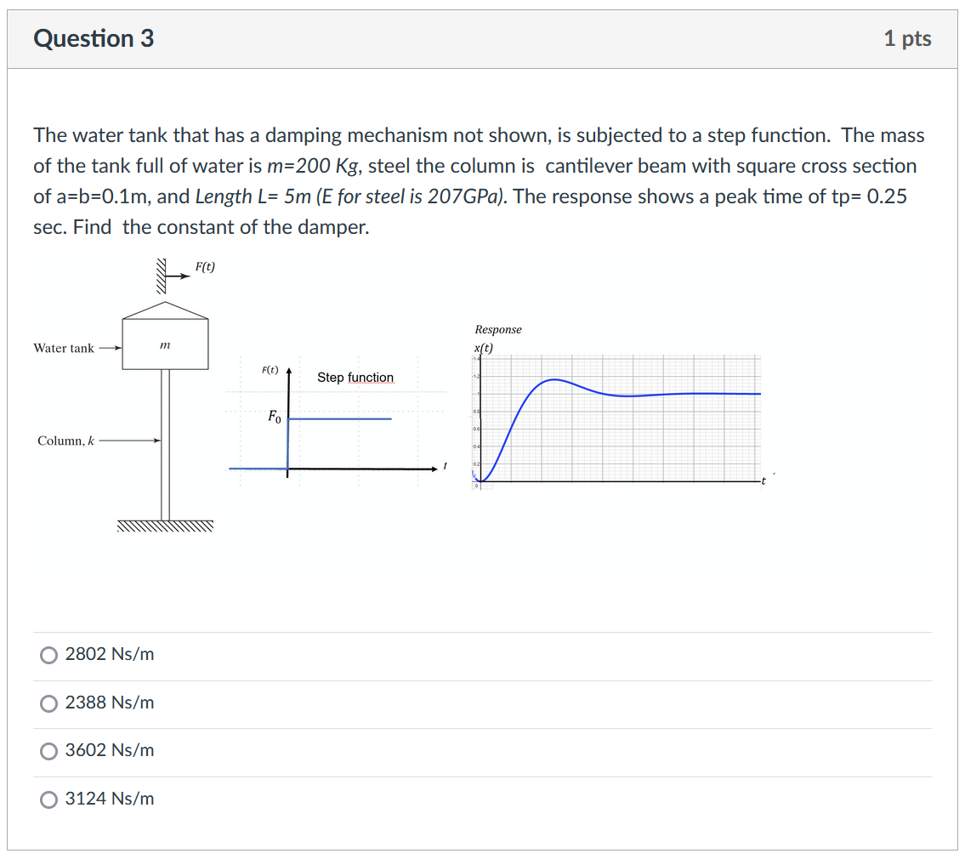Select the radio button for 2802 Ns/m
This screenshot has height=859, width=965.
point(49,655)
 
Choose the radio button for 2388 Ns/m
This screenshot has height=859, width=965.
point(49,703)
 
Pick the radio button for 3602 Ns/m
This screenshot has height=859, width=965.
point(49,751)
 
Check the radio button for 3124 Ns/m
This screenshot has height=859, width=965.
point(49,799)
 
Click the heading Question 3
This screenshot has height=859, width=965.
point(94,38)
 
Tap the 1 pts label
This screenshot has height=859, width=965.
point(907,38)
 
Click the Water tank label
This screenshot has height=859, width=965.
point(64,348)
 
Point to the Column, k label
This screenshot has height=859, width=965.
point(66,441)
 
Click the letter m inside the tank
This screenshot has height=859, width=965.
point(165,344)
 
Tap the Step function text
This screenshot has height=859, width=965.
point(355,377)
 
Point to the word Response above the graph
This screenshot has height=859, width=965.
point(498,329)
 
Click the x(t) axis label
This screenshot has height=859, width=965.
point(484,347)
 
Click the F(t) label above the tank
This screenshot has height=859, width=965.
point(205,267)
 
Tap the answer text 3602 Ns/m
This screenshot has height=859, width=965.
point(110,750)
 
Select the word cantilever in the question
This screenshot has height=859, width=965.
point(583,166)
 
